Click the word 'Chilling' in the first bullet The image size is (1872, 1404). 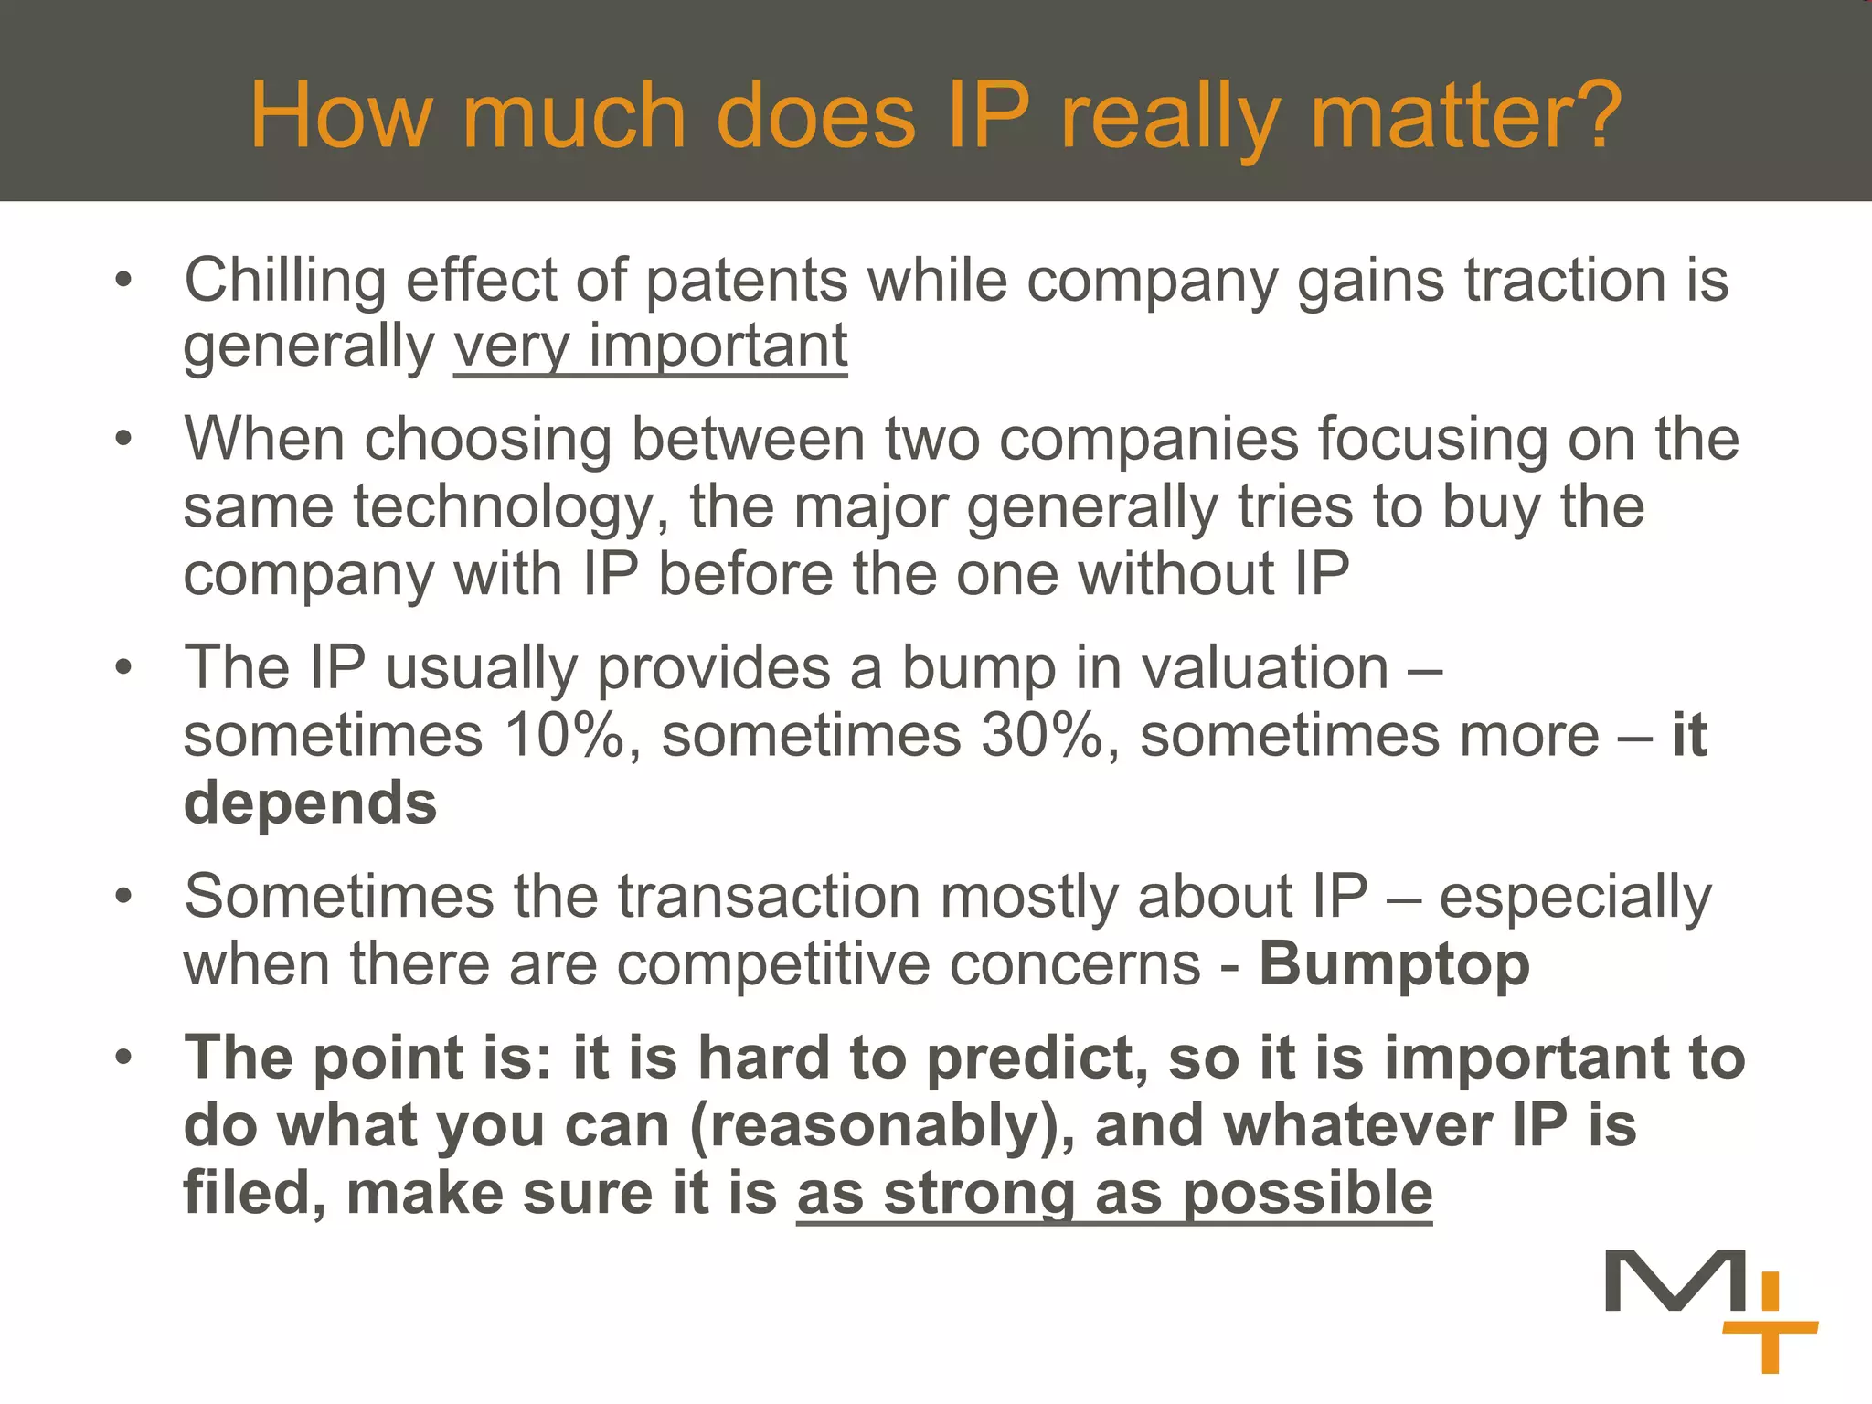click(x=284, y=279)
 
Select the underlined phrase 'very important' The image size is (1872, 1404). click(x=650, y=346)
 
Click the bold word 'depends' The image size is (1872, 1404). click(x=311, y=803)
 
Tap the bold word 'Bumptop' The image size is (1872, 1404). click(x=1394, y=963)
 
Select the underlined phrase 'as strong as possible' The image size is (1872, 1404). click(x=1113, y=1193)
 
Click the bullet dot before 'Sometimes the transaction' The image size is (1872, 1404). click(x=124, y=896)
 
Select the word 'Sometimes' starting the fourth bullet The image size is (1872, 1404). click(x=338, y=896)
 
